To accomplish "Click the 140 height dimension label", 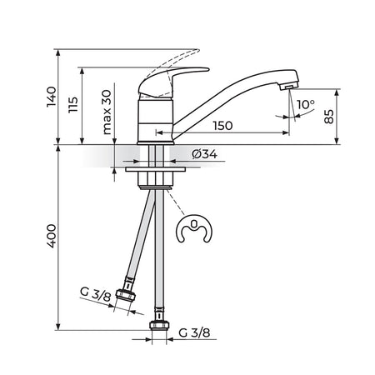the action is click(52, 97).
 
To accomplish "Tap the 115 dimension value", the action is click(73, 104).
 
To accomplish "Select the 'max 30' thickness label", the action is click(107, 112).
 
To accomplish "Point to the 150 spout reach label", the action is click(223, 126).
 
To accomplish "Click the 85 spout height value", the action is click(329, 117).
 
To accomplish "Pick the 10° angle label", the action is click(306, 104).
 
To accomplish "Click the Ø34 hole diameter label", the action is click(205, 154).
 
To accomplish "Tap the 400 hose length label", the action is click(51, 236).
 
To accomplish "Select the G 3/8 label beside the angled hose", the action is click(96, 295).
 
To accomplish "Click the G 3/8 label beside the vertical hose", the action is click(194, 332).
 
